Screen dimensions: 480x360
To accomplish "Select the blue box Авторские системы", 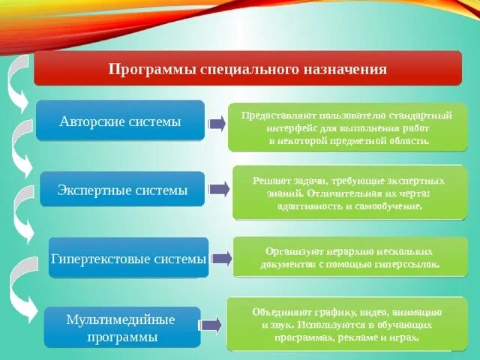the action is click(120, 120).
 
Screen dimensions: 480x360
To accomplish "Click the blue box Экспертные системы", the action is click(122, 190).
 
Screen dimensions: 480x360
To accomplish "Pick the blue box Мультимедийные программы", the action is click(121, 328).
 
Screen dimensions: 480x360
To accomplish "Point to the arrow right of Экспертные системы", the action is click(218, 190).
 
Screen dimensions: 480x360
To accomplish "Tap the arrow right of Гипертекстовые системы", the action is click(221, 259).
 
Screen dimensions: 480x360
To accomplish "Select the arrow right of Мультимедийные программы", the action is click(210, 325).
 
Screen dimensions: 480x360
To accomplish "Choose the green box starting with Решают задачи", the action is click(349, 193).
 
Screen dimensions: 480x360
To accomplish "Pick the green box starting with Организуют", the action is click(349, 258).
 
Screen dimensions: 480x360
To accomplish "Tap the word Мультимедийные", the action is click(121, 320).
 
